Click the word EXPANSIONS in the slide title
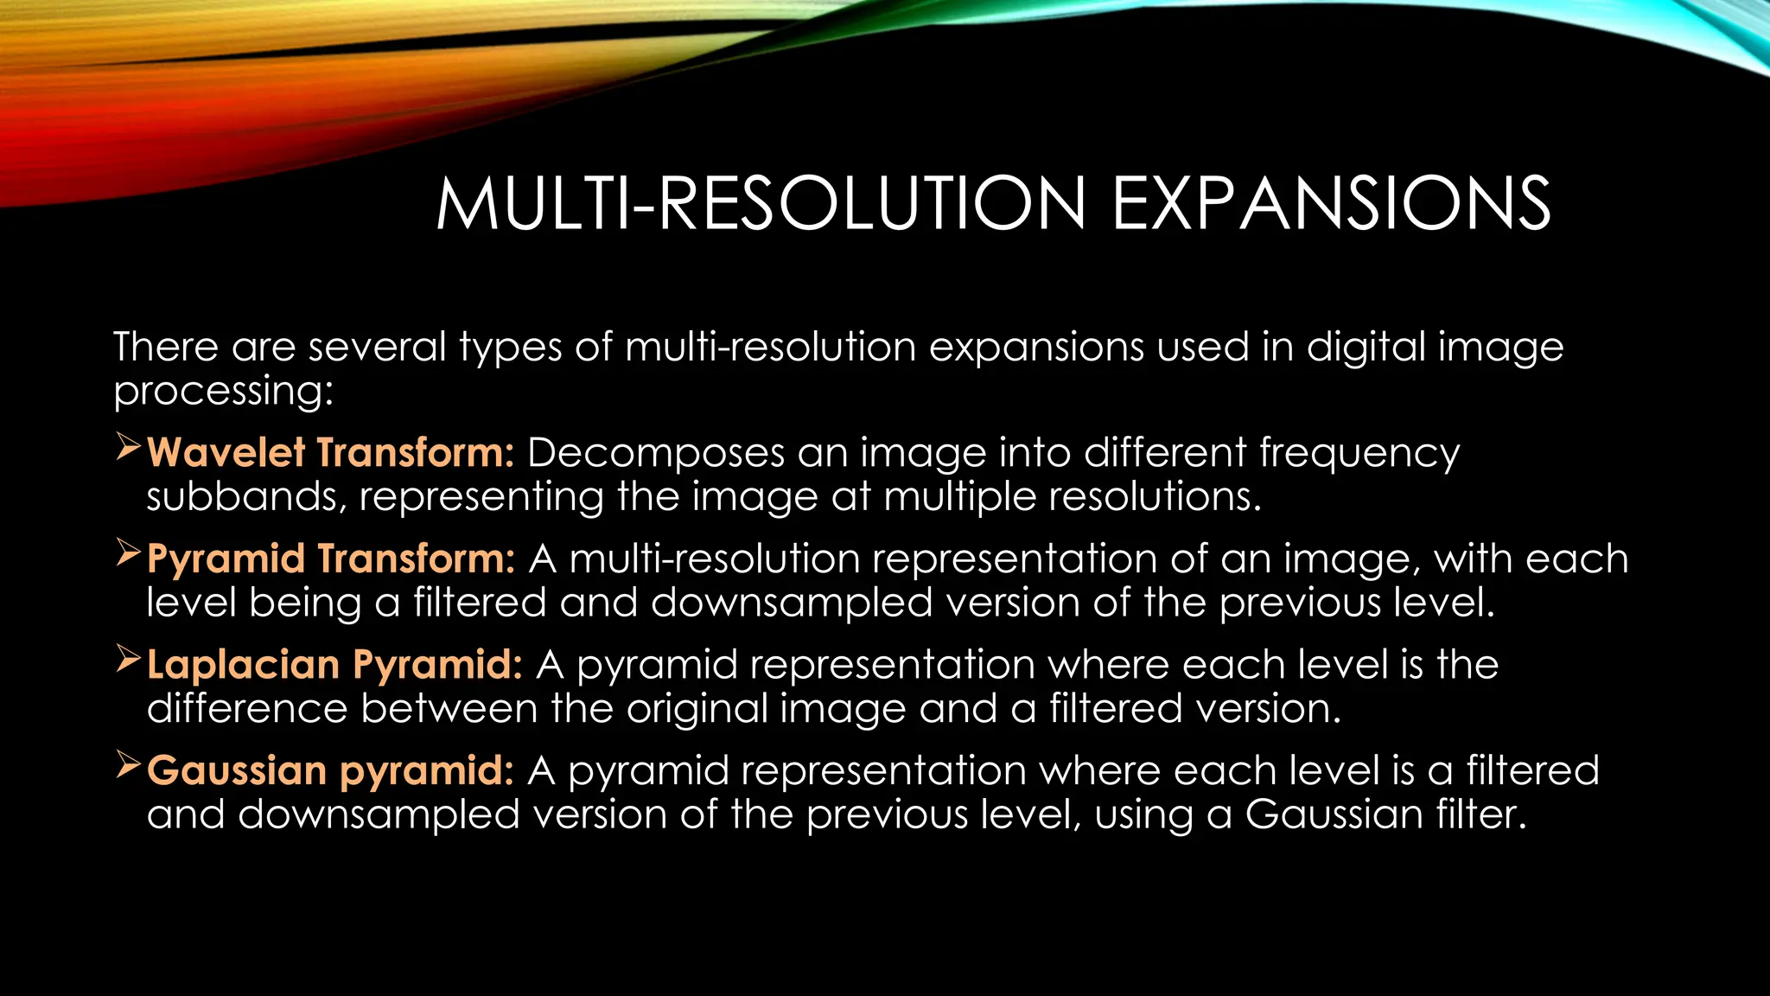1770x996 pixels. (1331, 204)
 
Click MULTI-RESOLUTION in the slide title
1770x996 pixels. (761, 204)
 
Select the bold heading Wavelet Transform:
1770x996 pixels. (331, 452)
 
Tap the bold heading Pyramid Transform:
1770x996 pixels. (331, 559)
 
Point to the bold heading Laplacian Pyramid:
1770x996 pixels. (334, 665)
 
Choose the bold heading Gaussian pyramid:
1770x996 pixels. (330, 770)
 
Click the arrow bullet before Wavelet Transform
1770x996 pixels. (129, 448)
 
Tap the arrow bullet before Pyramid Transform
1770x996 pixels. (129, 554)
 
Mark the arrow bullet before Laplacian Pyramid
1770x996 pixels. (129, 661)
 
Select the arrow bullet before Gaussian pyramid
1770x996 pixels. (129, 766)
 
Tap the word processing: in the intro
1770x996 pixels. (223, 392)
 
